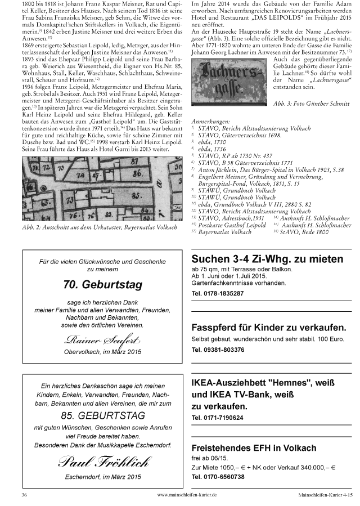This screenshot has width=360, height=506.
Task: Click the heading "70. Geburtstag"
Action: pos(102,284)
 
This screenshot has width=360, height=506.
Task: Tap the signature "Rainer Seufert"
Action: pos(102,340)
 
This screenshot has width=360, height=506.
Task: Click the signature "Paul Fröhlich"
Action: pos(102,462)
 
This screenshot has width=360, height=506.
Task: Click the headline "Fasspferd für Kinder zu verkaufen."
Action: pos(260,328)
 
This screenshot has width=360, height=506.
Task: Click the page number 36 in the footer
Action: pos(24,494)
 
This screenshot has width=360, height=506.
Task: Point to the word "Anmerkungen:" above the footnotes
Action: pos(211,121)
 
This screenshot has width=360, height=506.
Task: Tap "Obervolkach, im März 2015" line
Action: pos(102,352)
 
